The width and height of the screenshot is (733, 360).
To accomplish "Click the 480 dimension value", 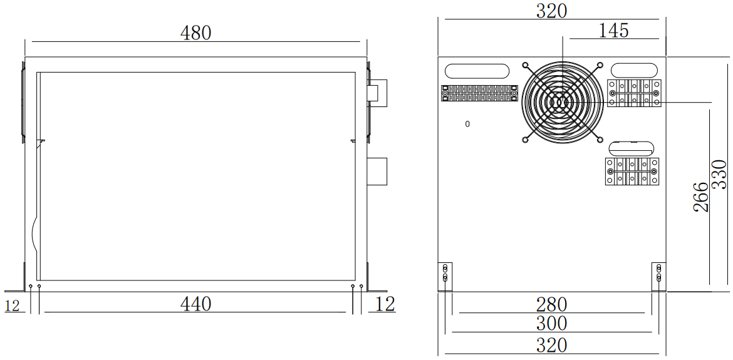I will tap(196, 33).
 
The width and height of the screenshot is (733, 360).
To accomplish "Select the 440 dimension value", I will tap(196, 304).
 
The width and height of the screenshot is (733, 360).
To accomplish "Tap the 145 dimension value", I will tap(613, 30).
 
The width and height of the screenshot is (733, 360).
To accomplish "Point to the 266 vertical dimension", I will tap(702, 197).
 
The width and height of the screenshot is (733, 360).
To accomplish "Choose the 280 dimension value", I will tap(551, 304).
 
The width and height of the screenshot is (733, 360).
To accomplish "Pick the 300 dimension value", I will tap(551, 324).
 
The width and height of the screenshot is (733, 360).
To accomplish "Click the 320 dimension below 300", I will tap(551, 344).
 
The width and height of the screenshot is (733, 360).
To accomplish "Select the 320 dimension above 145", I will tap(551, 11).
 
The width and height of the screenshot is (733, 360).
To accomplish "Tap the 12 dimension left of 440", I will tap(12, 306).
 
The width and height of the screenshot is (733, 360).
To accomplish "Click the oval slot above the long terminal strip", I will tap(477, 70).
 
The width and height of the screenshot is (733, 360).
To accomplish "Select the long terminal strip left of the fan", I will tap(479, 93).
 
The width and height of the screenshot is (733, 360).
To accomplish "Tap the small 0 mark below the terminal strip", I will tap(467, 124).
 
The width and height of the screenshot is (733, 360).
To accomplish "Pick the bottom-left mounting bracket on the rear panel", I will tap(445, 276).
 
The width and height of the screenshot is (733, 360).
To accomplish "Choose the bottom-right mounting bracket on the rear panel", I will tap(658, 276).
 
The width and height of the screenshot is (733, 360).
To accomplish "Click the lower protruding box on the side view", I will tap(377, 172).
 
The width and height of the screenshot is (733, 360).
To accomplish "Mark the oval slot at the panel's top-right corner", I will tap(634, 69).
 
